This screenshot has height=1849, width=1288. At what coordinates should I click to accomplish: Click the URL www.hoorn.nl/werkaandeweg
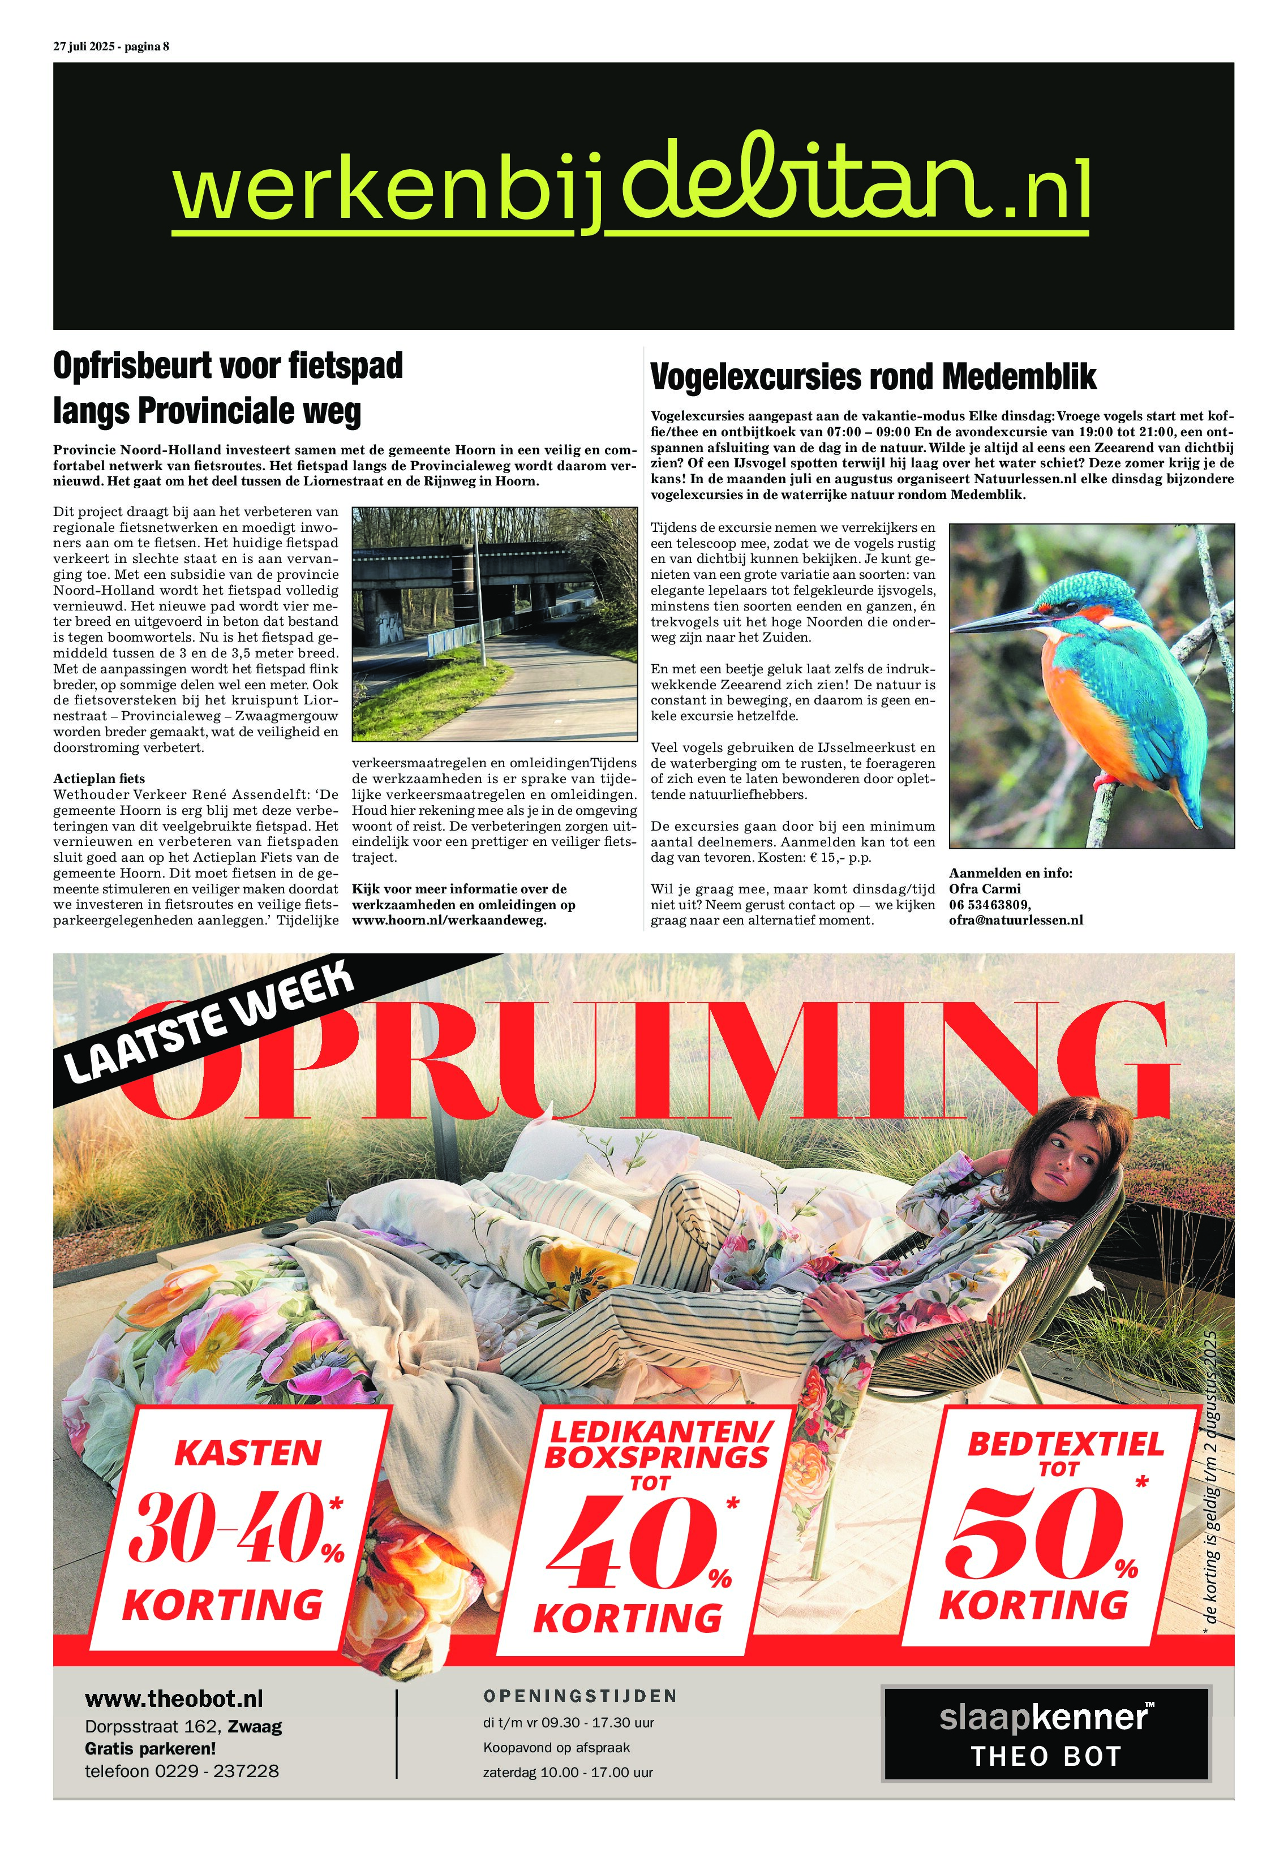449,919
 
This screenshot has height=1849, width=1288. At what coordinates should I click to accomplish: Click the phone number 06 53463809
988,904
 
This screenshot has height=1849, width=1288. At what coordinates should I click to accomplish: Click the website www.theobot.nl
174,1698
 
